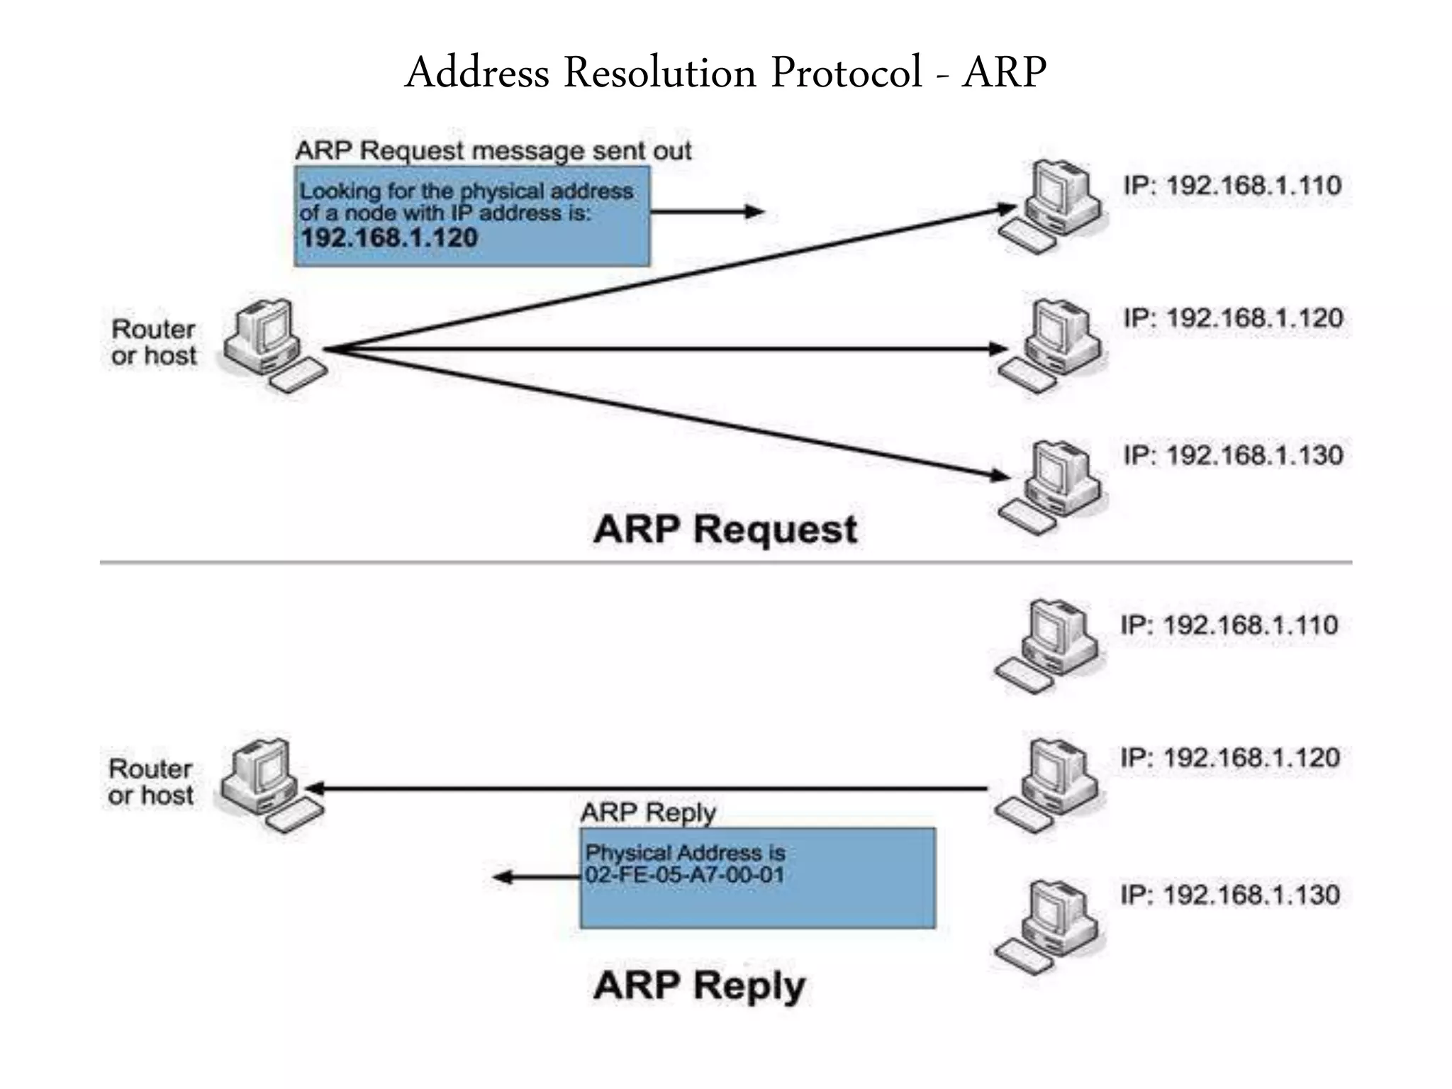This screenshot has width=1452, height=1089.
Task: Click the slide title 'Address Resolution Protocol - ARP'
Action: (725, 73)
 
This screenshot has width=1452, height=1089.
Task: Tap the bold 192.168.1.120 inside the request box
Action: (389, 238)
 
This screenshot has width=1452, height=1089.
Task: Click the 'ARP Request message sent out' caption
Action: (493, 151)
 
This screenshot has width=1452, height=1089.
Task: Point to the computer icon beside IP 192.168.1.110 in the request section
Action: (1053, 206)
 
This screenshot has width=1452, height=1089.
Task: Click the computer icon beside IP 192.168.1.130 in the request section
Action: (1053, 486)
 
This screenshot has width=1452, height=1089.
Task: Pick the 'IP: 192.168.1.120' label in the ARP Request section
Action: (1233, 318)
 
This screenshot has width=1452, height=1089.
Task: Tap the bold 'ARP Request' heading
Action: (725, 530)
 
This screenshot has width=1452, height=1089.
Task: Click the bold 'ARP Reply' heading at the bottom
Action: (699, 985)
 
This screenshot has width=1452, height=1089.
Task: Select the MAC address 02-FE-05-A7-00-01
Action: (685, 875)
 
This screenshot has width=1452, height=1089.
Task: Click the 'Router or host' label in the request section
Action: (154, 342)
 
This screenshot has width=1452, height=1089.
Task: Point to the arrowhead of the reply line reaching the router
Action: (313, 788)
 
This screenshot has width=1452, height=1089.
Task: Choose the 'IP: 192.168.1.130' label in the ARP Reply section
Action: (1230, 895)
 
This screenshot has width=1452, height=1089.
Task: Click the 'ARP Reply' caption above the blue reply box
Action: (648, 812)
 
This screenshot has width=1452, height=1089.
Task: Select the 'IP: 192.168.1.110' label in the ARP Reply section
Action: (1229, 625)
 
